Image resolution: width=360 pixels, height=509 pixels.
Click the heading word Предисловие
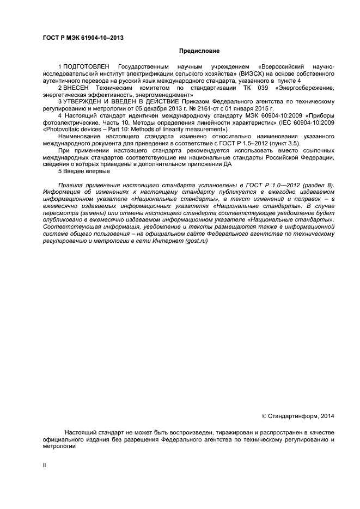pyautogui.click(x=199, y=51)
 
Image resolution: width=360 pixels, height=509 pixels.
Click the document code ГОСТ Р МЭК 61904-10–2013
pyautogui.click(x=83, y=37)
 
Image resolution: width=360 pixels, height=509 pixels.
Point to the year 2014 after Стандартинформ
pyautogui.click(x=325, y=416)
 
